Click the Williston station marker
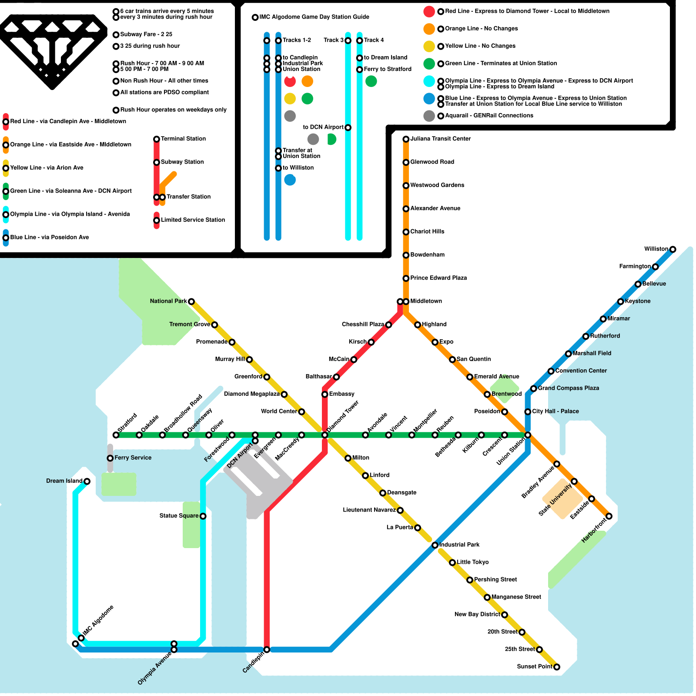pyautogui.click(x=673, y=249)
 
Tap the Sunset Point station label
pyautogui.click(x=535, y=666)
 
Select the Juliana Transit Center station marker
pyautogui.click(x=406, y=139)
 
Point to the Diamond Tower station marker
pyautogui.click(x=325, y=435)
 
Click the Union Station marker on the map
pyautogui.click(x=528, y=435)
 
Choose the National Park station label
pyautogui.click(x=168, y=301)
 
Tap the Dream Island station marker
pyautogui.click(x=87, y=481)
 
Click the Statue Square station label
pyautogui.click(x=179, y=516)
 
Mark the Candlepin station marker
pyautogui.click(x=267, y=649)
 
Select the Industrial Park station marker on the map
pyautogui.click(x=435, y=545)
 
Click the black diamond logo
pyautogui.click(x=52, y=52)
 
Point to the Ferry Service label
pyautogui.click(x=133, y=458)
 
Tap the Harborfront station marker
pyautogui.click(x=609, y=516)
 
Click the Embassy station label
pyautogui.click(x=342, y=394)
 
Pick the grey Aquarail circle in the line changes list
pyautogui.click(x=429, y=116)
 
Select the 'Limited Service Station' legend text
pyautogui.click(x=193, y=220)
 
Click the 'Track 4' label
pyautogui.click(x=374, y=40)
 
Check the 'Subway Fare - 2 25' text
pyautogui.click(x=146, y=34)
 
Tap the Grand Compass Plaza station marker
pyautogui.click(x=534, y=388)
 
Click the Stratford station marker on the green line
pyautogui.click(x=116, y=435)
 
